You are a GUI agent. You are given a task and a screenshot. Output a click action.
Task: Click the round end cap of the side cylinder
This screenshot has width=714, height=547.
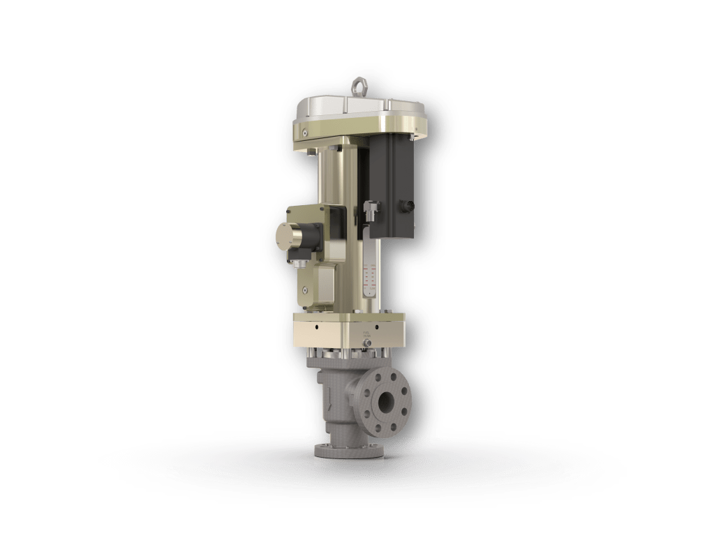[x=288, y=236]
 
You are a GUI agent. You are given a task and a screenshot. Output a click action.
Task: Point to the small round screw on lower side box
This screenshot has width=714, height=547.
[x=305, y=289]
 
